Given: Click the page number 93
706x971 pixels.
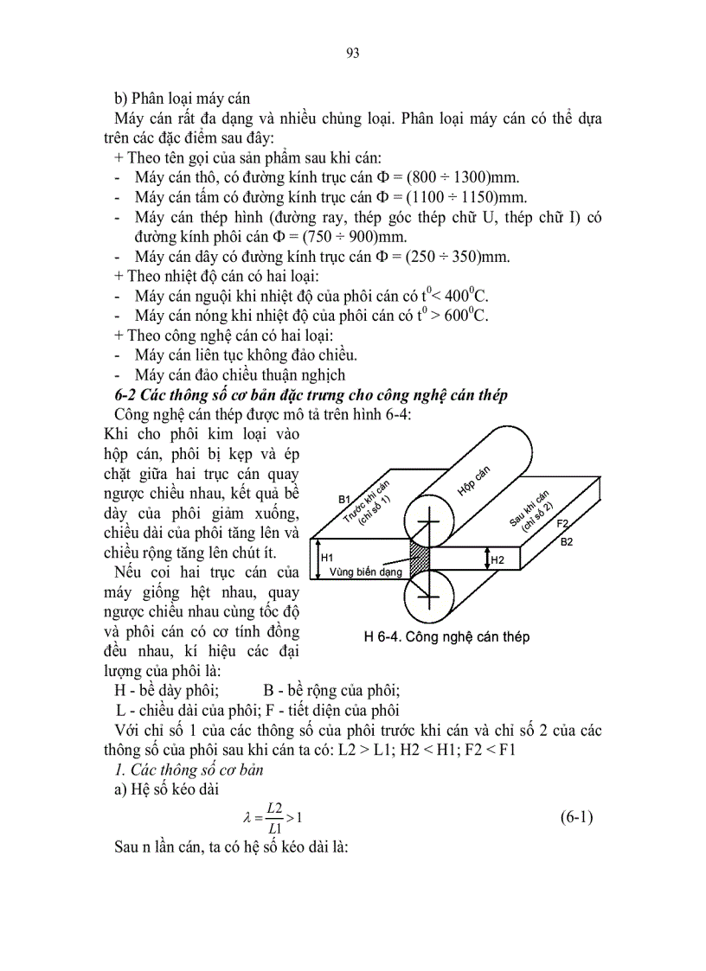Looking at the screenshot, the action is (x=352, y=53).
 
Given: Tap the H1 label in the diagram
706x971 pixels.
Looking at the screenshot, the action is (x=328, y=559).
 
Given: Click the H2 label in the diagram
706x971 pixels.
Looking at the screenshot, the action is (x=497, y=560).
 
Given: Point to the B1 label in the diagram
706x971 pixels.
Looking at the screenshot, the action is (x=344, y=500).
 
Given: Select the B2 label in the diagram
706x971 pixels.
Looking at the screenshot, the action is (x=567, y=542).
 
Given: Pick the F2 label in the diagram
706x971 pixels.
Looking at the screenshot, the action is (x=562, y=524).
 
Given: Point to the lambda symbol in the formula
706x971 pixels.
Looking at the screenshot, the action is (x=247, y=818).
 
